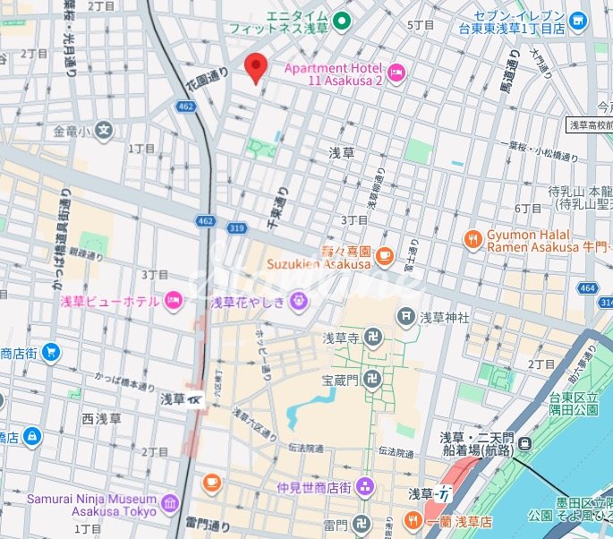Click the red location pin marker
point(256,67)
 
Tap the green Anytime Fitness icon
point(341,20)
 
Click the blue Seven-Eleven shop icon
point(578,19)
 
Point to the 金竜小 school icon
point(104,131)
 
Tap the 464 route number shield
point(587,287)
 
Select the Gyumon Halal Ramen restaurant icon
point(473,238)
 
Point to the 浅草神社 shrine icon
point(407,316)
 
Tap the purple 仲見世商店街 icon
point(364,487)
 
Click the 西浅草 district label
point(101,418)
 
